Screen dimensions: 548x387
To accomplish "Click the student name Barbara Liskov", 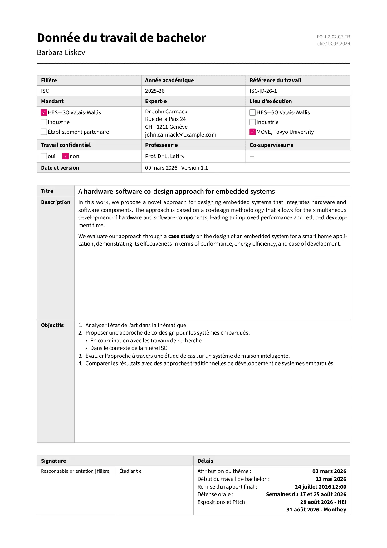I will tap(61, 52).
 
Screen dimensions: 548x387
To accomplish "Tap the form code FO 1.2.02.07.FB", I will tap(333, 37).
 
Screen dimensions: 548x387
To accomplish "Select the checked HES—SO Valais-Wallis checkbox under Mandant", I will tap(44, 112).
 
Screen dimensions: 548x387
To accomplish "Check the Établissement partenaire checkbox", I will tap(44, 132).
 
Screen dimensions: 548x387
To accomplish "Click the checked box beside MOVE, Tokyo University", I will tap(252, 132).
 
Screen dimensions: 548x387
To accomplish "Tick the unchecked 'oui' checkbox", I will tap(44, 156).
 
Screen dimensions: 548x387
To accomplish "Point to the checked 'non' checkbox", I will tap(65, 156).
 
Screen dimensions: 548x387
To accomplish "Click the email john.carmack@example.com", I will tap(180, 135).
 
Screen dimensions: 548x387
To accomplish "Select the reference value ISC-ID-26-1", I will tap(263, 91).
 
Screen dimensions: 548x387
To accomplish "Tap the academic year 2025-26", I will tap(155, 91).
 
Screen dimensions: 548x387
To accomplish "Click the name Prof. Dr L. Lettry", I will tap(164, 156).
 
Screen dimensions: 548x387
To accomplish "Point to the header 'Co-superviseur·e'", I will tap(271, 145).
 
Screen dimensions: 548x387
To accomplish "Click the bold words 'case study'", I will tap(181, 236).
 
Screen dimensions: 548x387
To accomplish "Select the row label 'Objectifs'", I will tap(52, 325).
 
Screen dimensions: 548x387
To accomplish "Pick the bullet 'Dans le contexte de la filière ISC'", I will tap(129, 348).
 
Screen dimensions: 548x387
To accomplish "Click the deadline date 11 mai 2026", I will tap(331, 479).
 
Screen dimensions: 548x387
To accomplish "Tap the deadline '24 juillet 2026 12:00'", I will tap(320, 487).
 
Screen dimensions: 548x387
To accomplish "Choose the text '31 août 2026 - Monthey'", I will tap(316, 510).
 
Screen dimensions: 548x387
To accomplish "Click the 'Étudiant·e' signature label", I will tap(130, 471).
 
